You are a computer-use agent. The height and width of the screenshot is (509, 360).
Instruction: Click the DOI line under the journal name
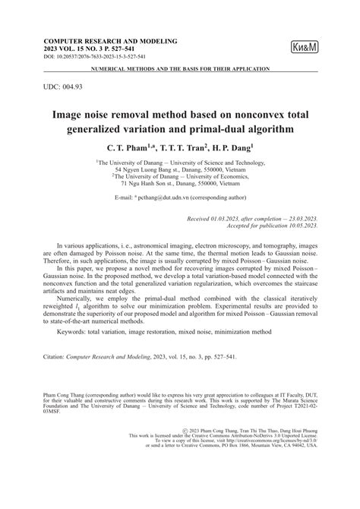coord(98,57)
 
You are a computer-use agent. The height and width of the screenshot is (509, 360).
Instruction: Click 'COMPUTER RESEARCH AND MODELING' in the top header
coord(111,40)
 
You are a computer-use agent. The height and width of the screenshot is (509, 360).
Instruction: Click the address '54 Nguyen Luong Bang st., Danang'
coord(179,169)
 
